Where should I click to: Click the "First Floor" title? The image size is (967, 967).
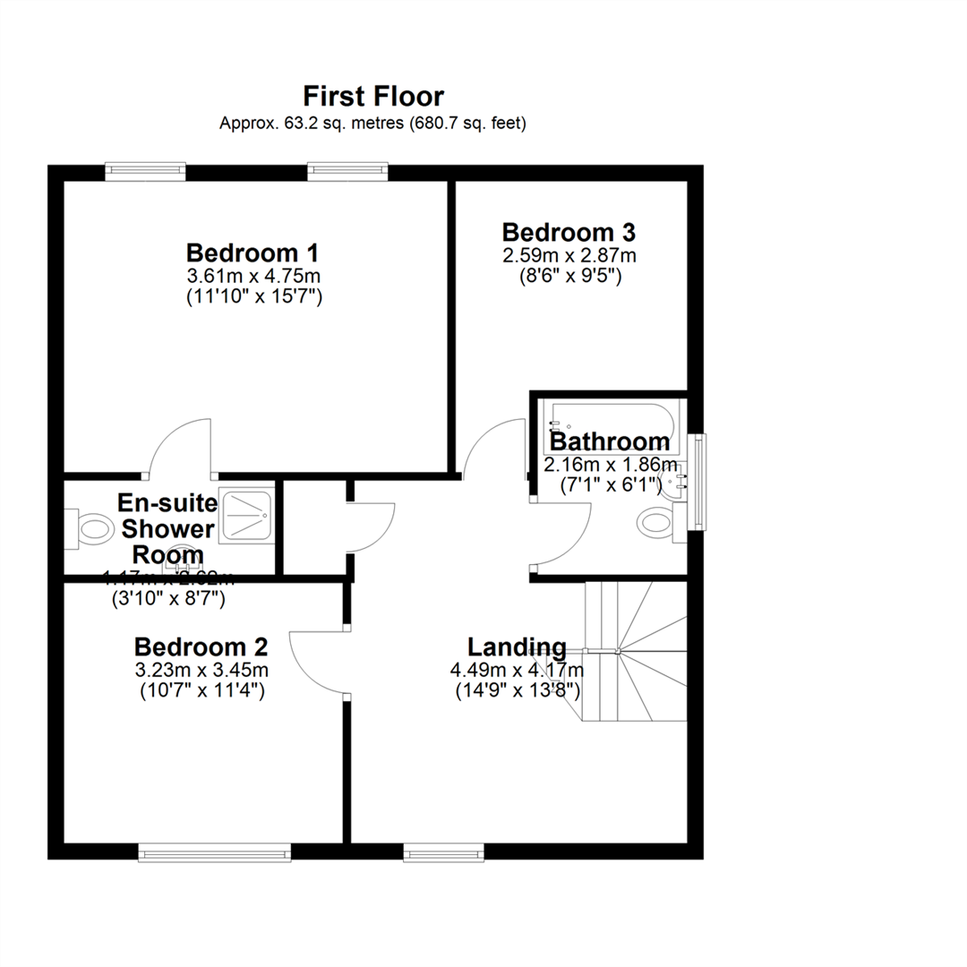click(x=373, y=96)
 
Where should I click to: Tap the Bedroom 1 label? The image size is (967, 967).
click(x=252, y=252)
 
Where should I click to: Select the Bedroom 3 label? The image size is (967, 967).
click(x=569, y=233)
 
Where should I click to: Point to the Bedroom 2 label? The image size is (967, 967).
click(x=201, y=646)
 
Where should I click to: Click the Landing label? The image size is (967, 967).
click(x=517, y=646)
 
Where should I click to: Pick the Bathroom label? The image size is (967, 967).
click(x=609, y=441)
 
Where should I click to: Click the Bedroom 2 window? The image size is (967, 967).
click(x=215, y=852)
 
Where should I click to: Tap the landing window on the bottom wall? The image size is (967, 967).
click(x=443, y=852)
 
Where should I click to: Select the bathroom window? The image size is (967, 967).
click(x=699, y=482)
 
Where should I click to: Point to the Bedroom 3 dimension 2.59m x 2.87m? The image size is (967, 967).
click(x=569, y=255)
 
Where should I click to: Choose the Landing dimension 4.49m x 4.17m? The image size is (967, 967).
click(x=517, y=670)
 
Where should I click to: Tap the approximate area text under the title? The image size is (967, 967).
click(x=373, y=123)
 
